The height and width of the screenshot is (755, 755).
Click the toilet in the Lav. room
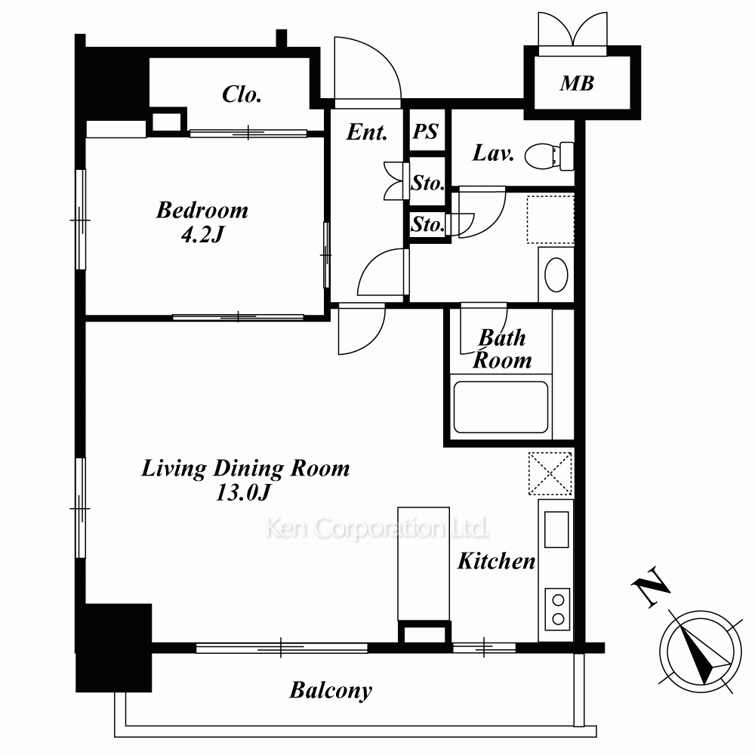pyautogui.click(x=550, y=156)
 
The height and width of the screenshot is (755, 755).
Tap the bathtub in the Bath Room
pyautogui.click(x=501, y=408)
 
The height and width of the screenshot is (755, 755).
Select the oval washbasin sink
pyautogui.click(x=556, y=275)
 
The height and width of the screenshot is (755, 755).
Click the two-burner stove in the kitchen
pyautogui.click(x=557, y=609)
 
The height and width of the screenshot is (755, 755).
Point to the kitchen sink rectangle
pyautogui.click(x=556, y=529)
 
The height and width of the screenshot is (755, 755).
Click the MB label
pyautogui.click(x=577, y=83)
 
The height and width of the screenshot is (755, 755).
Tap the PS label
pyautogui.click(x=426, y=131)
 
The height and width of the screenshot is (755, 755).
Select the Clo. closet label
pyautogui.click(x=242, y=94)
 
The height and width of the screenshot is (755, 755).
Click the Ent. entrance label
pyautogui.click(x=367, y=131)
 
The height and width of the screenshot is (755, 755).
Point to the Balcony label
pyautogui.click(x=331, y=691)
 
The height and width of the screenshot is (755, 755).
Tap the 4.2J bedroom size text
pyautogui.click(x=202, y=235)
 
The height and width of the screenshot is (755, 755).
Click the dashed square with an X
pyautogui.click(x=550, y=473)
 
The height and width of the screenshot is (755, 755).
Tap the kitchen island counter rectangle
pyautogui.click(x=424, y=563)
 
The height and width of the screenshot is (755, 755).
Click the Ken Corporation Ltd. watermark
pyautogui.click(x=377, y=528)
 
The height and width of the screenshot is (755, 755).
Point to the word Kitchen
pyautogui.click(x=496, y=561)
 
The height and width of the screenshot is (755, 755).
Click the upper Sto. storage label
pyautogui.click(x=427, y=183)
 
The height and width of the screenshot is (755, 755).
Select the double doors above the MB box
pyautogui.click(x=572, y=34)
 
